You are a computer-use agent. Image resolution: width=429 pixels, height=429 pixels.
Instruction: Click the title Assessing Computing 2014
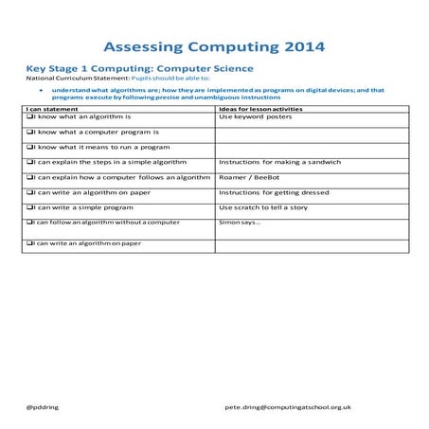pyautogui.click(x=213, y=45)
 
